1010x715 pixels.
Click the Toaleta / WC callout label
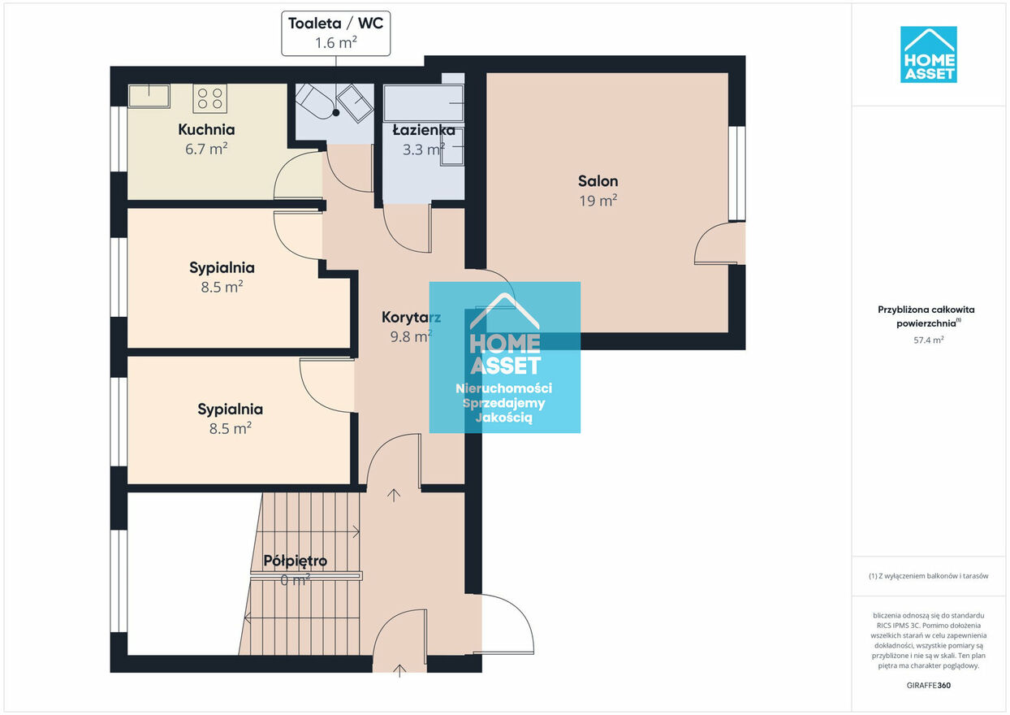[x=336, y=33]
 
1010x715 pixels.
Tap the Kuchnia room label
[x=206, y=130]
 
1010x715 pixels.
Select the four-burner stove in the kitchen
[x=210, y=98]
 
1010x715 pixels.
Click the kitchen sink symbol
[x=149, y=96]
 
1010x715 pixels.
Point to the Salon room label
[x=598, y=181]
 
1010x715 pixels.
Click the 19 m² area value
[x=598, y=201]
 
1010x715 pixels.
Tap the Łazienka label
[x=424, y=130]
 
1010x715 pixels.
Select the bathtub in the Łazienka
[x=423, y=103]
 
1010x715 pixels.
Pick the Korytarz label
[x=411, y=318]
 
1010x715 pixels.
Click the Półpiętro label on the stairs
[x=296, y=561]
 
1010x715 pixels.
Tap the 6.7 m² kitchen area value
[x=206, y=149]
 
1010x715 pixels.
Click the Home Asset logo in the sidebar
[x=928, y=54]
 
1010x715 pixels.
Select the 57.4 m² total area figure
[x=929, y=340]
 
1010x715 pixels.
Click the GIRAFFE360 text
[x=928, y=685]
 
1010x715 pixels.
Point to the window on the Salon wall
[x=736, y=174]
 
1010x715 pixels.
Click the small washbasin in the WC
[x=356, y=103]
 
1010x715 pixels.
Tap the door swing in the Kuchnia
[x=298, y=175]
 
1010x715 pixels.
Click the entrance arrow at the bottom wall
[x=399, y=670]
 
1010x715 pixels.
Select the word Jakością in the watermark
[x=503, y=418]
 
